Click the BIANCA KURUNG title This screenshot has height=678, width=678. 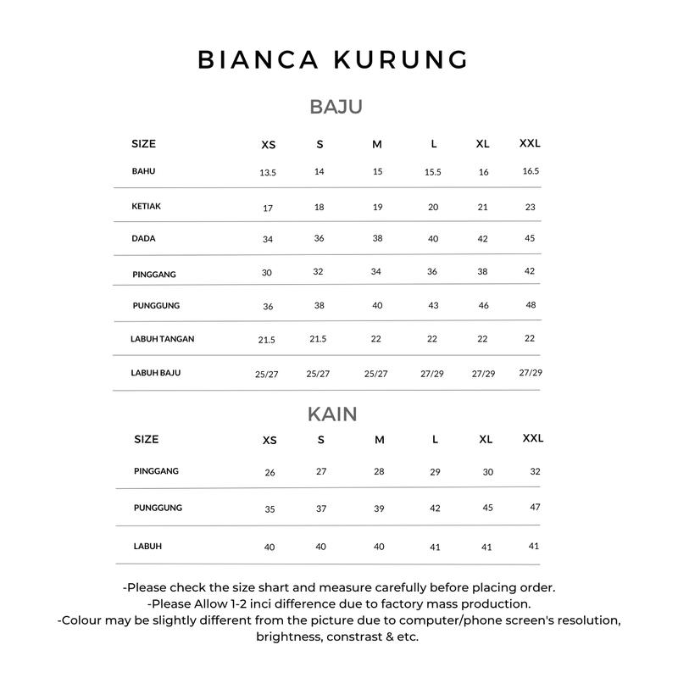[332, 59]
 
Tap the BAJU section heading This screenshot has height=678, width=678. [336, 107]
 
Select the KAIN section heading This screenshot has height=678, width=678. [332, 414]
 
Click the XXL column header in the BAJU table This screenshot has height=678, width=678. [530, 143]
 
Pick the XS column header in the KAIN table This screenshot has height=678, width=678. [270, 440]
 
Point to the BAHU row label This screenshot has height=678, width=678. [143, 171]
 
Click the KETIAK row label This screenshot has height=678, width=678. [146, 206]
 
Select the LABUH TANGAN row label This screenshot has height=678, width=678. [162, 339]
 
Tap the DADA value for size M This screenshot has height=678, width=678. [378, 238]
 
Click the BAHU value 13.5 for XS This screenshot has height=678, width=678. [268, 172]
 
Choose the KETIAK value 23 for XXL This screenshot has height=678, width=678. [531, 207]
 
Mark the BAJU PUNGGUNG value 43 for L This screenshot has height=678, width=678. [432, 305]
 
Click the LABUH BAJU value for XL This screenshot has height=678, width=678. [483, 374]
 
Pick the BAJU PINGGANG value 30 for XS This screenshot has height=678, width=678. [267, 273]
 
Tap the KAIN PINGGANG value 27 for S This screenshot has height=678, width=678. [321, 471]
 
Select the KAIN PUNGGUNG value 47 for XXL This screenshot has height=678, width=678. [535, 507]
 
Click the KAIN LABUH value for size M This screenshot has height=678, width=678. [379, 547]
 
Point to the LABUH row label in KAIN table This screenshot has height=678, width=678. [147, 546]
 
